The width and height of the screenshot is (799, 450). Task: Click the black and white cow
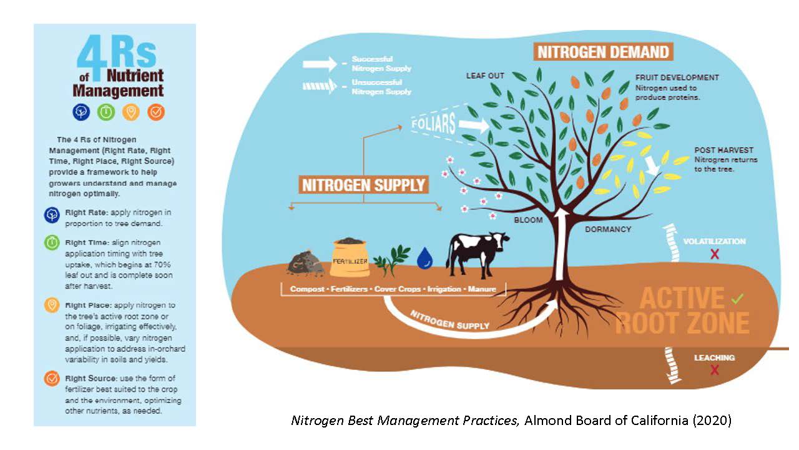[476, 254]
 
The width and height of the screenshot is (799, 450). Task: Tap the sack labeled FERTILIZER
[350, 258]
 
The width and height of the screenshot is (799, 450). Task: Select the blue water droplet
[425, 258]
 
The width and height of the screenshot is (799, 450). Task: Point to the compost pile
[305, 263]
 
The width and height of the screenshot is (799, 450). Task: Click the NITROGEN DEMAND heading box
[603, 52]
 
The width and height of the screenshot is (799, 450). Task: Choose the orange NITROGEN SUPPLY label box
[363, 185]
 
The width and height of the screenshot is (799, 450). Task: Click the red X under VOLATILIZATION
[715, 254]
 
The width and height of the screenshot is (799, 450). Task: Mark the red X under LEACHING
[714, 370]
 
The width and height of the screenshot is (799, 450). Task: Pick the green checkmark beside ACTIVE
[737, 299]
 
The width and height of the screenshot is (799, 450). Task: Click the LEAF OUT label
[485, 76]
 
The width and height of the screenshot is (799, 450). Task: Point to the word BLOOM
[528, 220]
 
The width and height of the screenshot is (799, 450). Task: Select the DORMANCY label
[608, 229]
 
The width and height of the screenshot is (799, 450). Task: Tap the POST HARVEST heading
[723, 150]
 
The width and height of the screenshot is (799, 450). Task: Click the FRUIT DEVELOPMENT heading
[677, 77]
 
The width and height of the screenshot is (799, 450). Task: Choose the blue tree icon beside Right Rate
[52, 215]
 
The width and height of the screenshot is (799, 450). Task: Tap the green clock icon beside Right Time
[52, 242]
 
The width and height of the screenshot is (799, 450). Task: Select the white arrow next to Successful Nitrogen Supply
[320, 64]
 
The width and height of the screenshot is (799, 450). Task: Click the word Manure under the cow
[482, 289]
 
